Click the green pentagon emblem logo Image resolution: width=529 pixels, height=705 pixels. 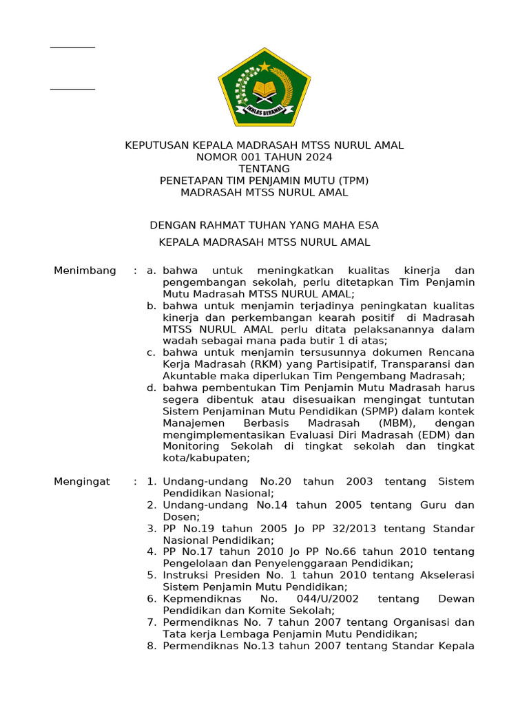coord(264,87)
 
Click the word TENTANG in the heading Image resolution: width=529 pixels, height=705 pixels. coord(264,169)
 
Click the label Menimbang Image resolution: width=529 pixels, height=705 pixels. coord(85,271)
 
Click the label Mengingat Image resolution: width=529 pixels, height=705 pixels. coord(82,481)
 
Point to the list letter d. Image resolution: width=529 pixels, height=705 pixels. coord(151,388)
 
